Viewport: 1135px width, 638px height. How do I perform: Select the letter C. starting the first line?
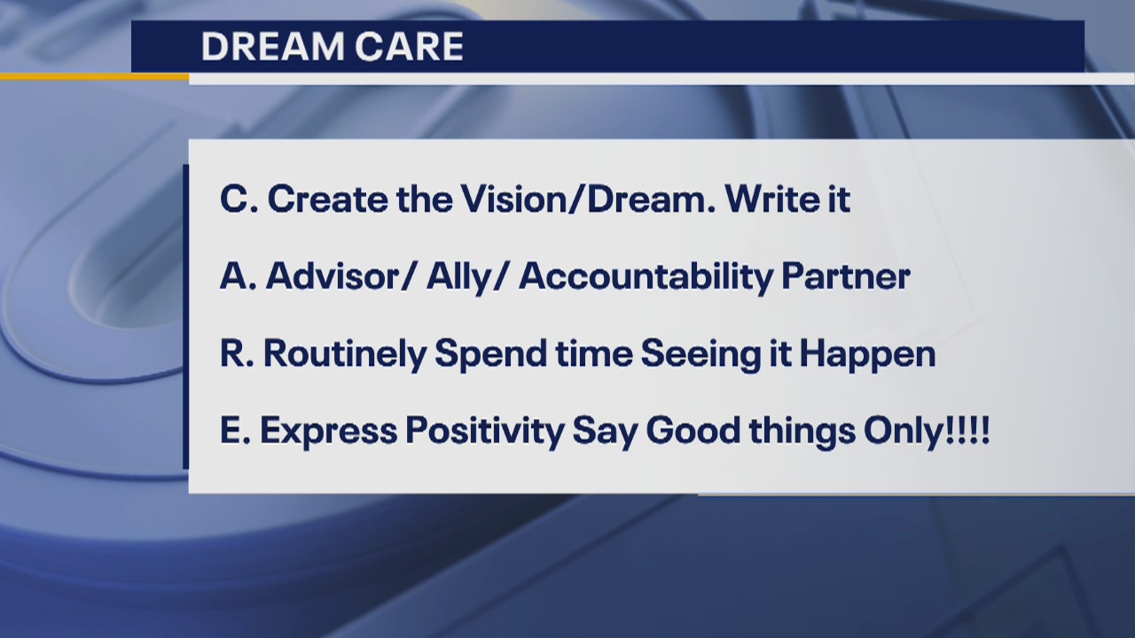click(x=237, y=199)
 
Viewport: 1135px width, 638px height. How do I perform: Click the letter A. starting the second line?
click(x=237, y=277)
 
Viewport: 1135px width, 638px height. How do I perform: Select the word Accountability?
click(x=645, y=277)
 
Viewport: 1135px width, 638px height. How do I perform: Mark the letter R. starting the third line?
click(x=236, y=354)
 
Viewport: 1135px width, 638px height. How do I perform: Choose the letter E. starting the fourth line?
click(x=235, y=432)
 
